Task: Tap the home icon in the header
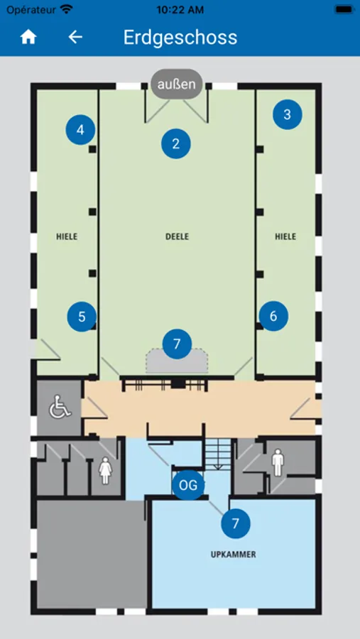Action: point(28,37)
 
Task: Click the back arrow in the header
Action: point(75,37)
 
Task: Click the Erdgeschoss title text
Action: point(180,38)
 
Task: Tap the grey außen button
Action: point(177,84)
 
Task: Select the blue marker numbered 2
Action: point(176,143)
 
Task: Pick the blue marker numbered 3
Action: point(288,114)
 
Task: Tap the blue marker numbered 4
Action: point(80,130)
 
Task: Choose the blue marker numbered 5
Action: point(82,317)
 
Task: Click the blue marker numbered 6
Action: point(273,316)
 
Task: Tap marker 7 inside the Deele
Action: point(177,344)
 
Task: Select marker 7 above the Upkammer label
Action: point(236,524)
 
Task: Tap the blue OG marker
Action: point(188,486)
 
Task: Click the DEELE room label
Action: point(178,236)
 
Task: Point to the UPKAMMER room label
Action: point(234,555)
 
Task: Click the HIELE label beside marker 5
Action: point(67,236)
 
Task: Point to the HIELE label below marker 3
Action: point(285,236)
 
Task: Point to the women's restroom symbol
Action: point(105,470)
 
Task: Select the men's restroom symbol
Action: point(278,462)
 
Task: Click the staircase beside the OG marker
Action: point(218,454)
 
